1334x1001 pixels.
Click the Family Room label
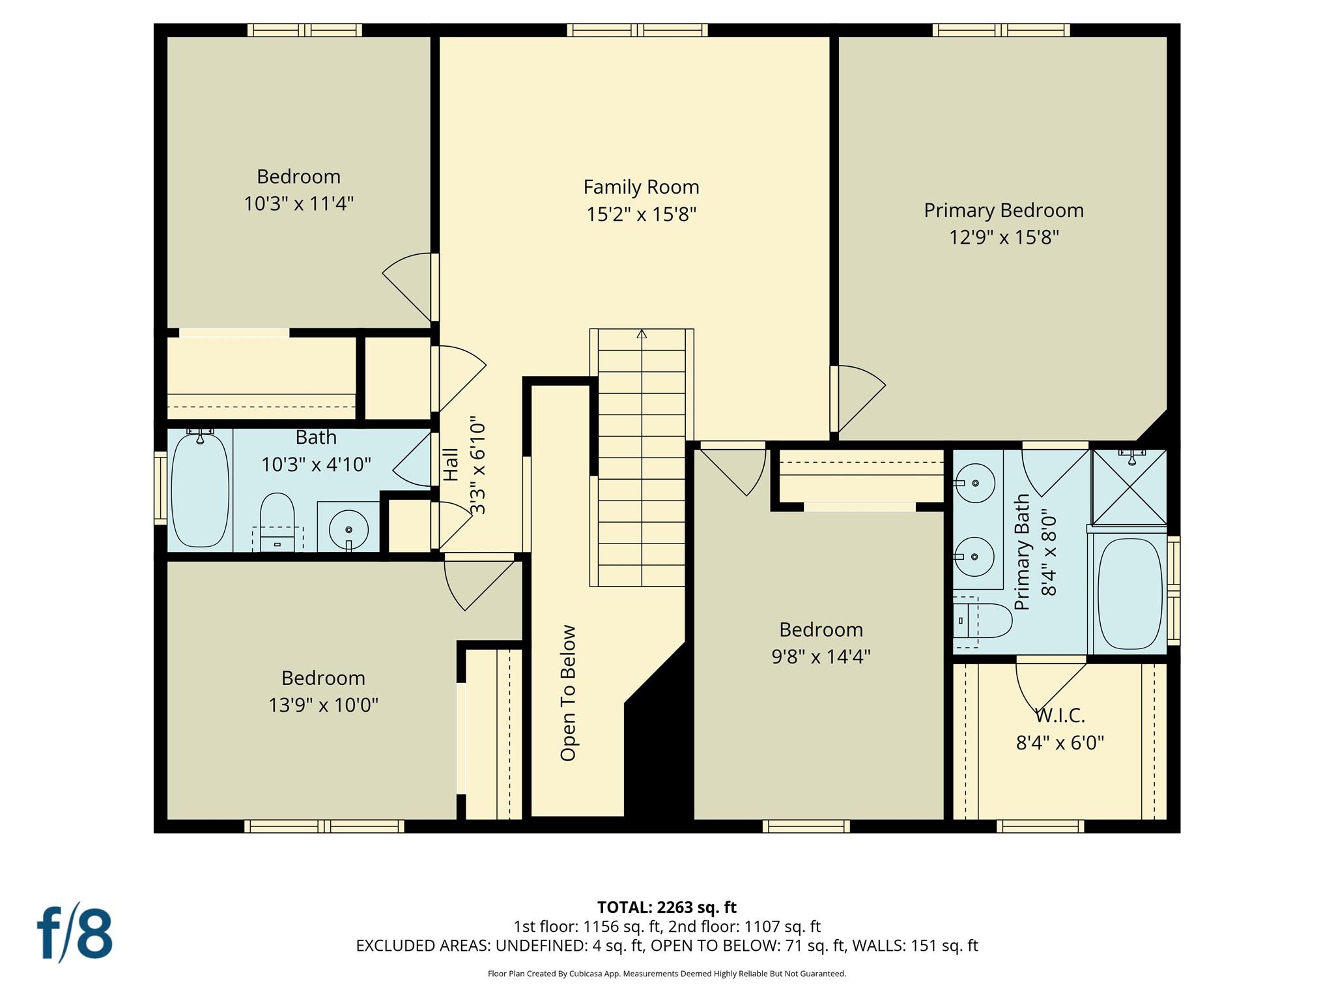point(641,188)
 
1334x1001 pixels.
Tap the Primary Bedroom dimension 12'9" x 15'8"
point(1003,237)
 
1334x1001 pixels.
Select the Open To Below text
point(569,693)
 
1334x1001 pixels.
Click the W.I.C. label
point(1060,716)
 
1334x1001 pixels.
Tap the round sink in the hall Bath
point(348,529)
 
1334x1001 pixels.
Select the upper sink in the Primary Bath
point(975,483)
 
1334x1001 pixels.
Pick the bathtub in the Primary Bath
point(1130,593)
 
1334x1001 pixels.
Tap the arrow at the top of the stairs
point(642,334)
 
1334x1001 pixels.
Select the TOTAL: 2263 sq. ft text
point(666,907)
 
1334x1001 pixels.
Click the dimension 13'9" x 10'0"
point(323,705)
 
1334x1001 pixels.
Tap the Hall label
point(451,465)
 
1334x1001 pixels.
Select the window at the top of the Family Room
point(637,30)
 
